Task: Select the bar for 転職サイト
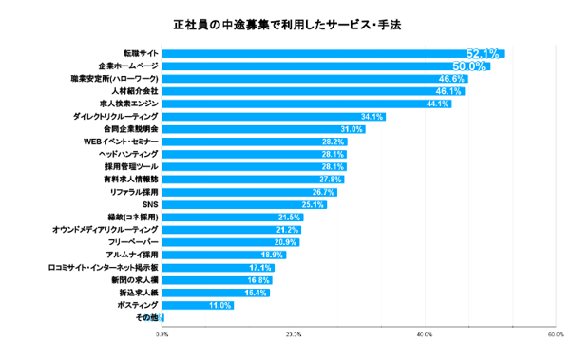pyautogui.click(x=333, y=53)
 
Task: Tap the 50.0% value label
pyautogui.click(x=470, y=66)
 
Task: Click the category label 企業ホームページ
pyautogui.click(x=126, y=66)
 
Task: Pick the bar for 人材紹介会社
pyautogui.click(x=314, y=91)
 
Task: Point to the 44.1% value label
pyautogui.click(x=437, y=104)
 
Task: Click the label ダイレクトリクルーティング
pyautogui.click(x=115, y=116)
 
